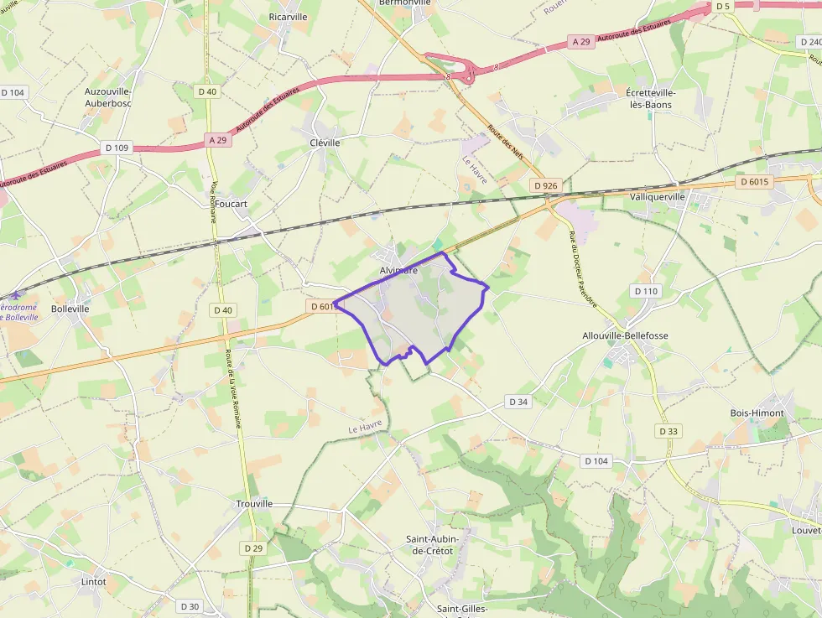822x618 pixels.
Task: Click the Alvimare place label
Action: (398, 270)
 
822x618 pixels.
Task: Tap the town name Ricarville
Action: (288, 17)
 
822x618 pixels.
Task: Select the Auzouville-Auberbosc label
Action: (108, 97)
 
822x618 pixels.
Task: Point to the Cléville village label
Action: (325, 143)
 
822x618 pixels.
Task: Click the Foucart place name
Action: (231, 204)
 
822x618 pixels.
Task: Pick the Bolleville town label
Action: (70, 309)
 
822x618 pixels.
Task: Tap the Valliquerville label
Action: (657, 196)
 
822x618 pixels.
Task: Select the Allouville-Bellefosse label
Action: (625, 335)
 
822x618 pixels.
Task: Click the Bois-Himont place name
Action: (757, 413)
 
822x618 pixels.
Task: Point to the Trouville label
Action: (254, 503)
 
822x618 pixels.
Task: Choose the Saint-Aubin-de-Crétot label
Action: (429, 544)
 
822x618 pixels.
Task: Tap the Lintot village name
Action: (94, 581)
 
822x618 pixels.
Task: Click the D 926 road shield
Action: (544, 184)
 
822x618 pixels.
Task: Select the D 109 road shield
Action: (117, 148)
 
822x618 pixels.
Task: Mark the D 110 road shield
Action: (647, 291)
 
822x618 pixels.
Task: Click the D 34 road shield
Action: (519, 402)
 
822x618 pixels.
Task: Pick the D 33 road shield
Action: (668, 431)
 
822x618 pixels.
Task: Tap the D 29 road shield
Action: (253, 548)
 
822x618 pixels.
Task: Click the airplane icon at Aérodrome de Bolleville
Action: (14, 296)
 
